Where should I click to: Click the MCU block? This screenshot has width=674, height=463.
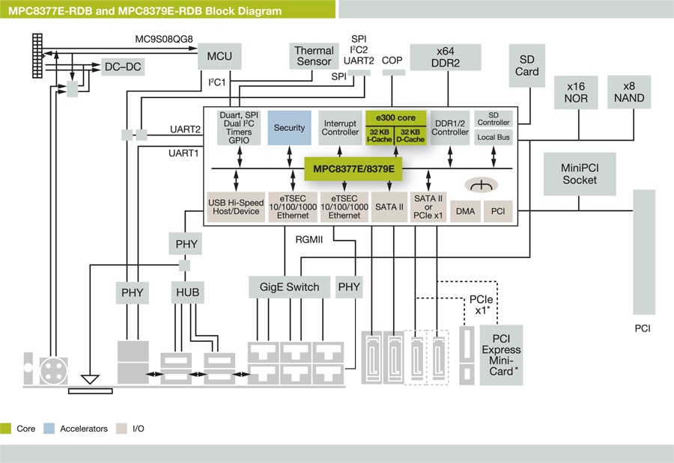(219, 56)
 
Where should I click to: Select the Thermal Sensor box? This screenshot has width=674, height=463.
(314, 56)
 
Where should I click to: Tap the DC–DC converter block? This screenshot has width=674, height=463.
(123, 67)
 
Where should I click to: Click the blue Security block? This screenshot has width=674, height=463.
(289, 128)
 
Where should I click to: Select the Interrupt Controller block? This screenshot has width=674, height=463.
(340, 128)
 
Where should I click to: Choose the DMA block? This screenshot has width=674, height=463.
(465, 212)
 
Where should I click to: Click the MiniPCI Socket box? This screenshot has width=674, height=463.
(580, 174)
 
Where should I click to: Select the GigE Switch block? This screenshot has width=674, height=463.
(289, 286)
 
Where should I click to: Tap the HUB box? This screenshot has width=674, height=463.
(187, 292)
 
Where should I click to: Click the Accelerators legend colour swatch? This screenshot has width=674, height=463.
(49, 429)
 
